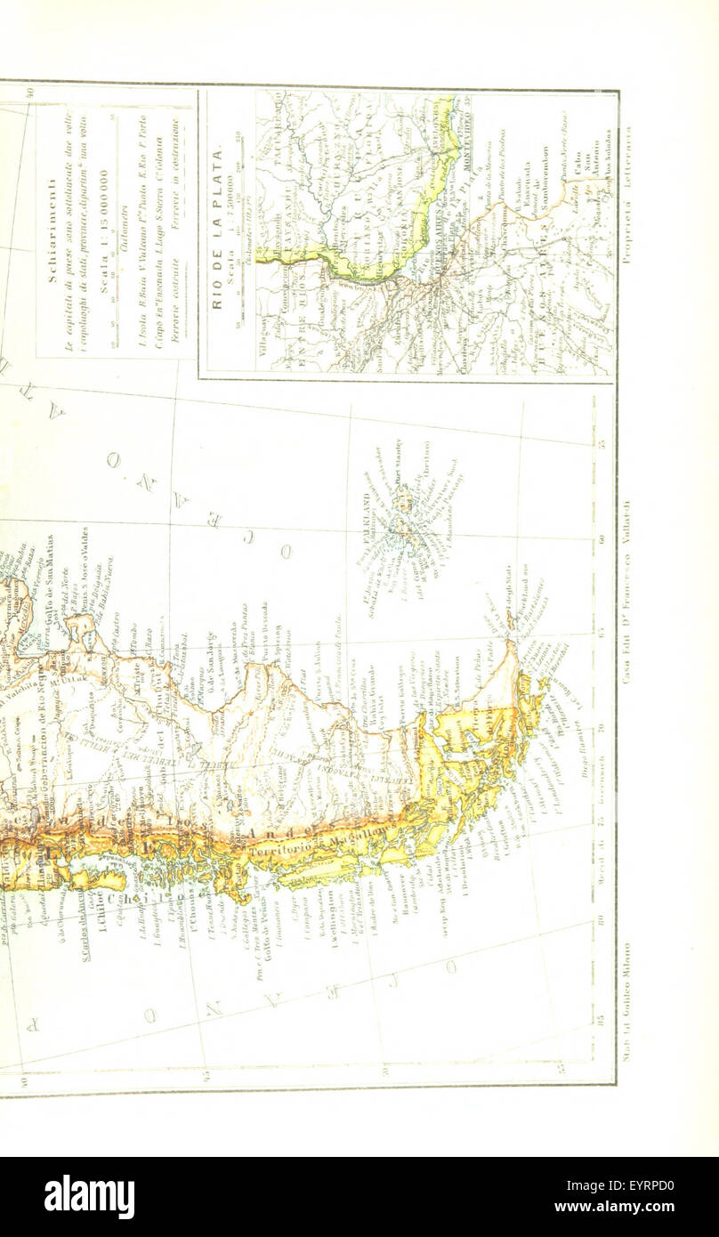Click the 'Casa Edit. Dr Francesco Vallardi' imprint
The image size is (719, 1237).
(626, 592)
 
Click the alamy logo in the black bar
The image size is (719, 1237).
(89, 1197)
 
